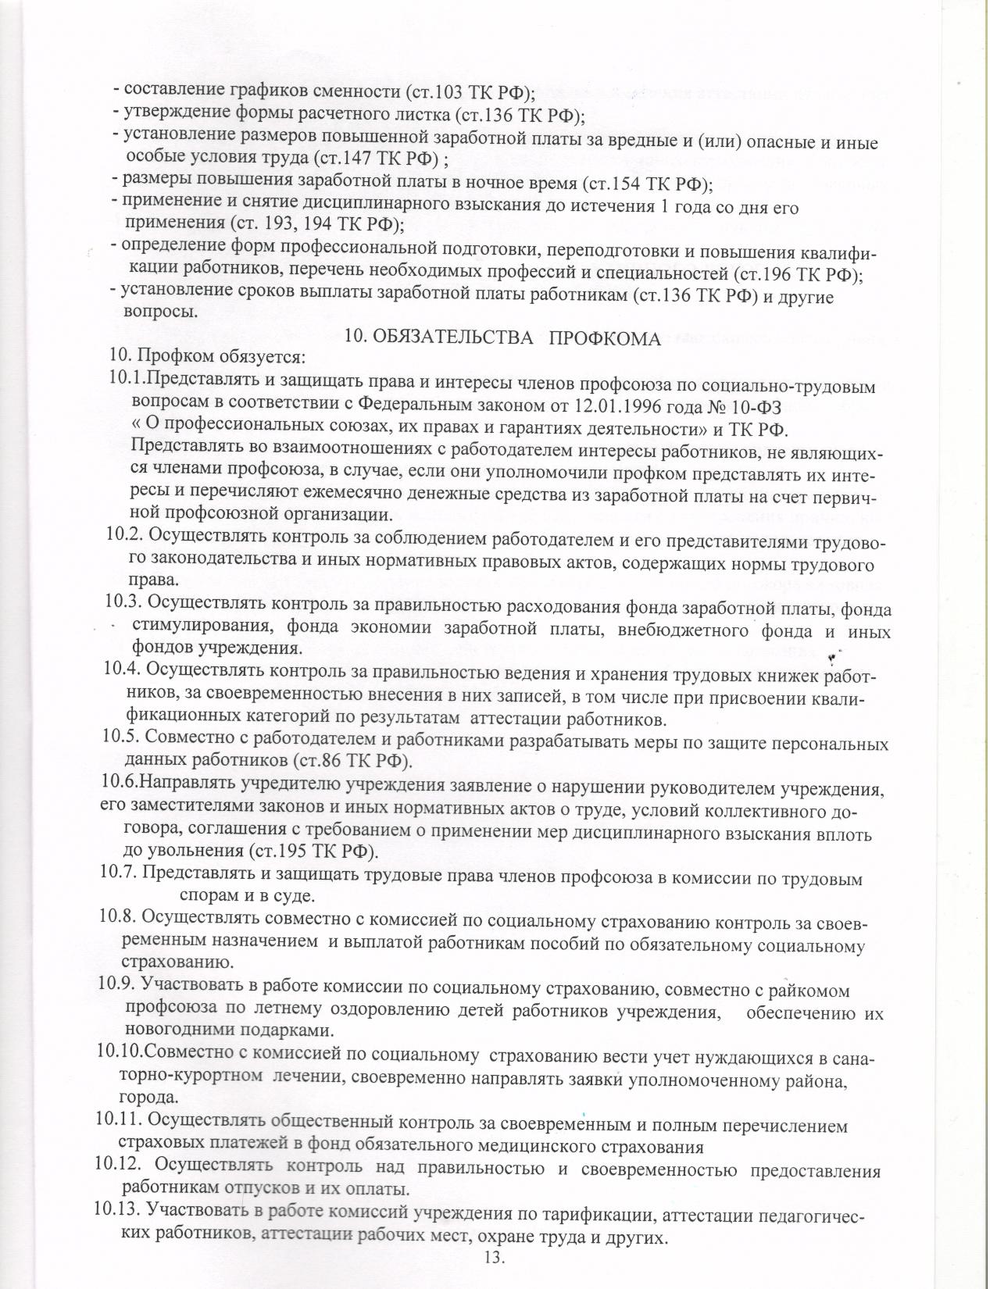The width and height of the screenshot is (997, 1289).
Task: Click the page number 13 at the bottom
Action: tap(495, 1258)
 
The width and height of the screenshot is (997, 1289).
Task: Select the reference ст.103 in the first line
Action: tap(456, 91)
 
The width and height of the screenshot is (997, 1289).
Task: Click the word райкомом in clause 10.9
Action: tap(812, 991)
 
